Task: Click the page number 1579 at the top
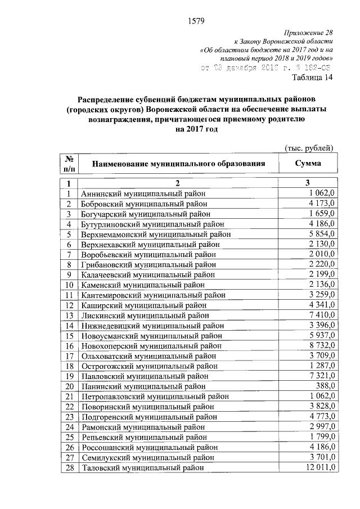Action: point(195,22)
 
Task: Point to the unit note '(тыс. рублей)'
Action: point(309,148)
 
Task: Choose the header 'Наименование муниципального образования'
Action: point(178,164)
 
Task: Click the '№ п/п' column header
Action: point(67,164)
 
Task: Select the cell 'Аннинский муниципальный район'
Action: point(144,193)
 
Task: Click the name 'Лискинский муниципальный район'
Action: point(145,316)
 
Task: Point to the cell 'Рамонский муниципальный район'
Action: point(143,427)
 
